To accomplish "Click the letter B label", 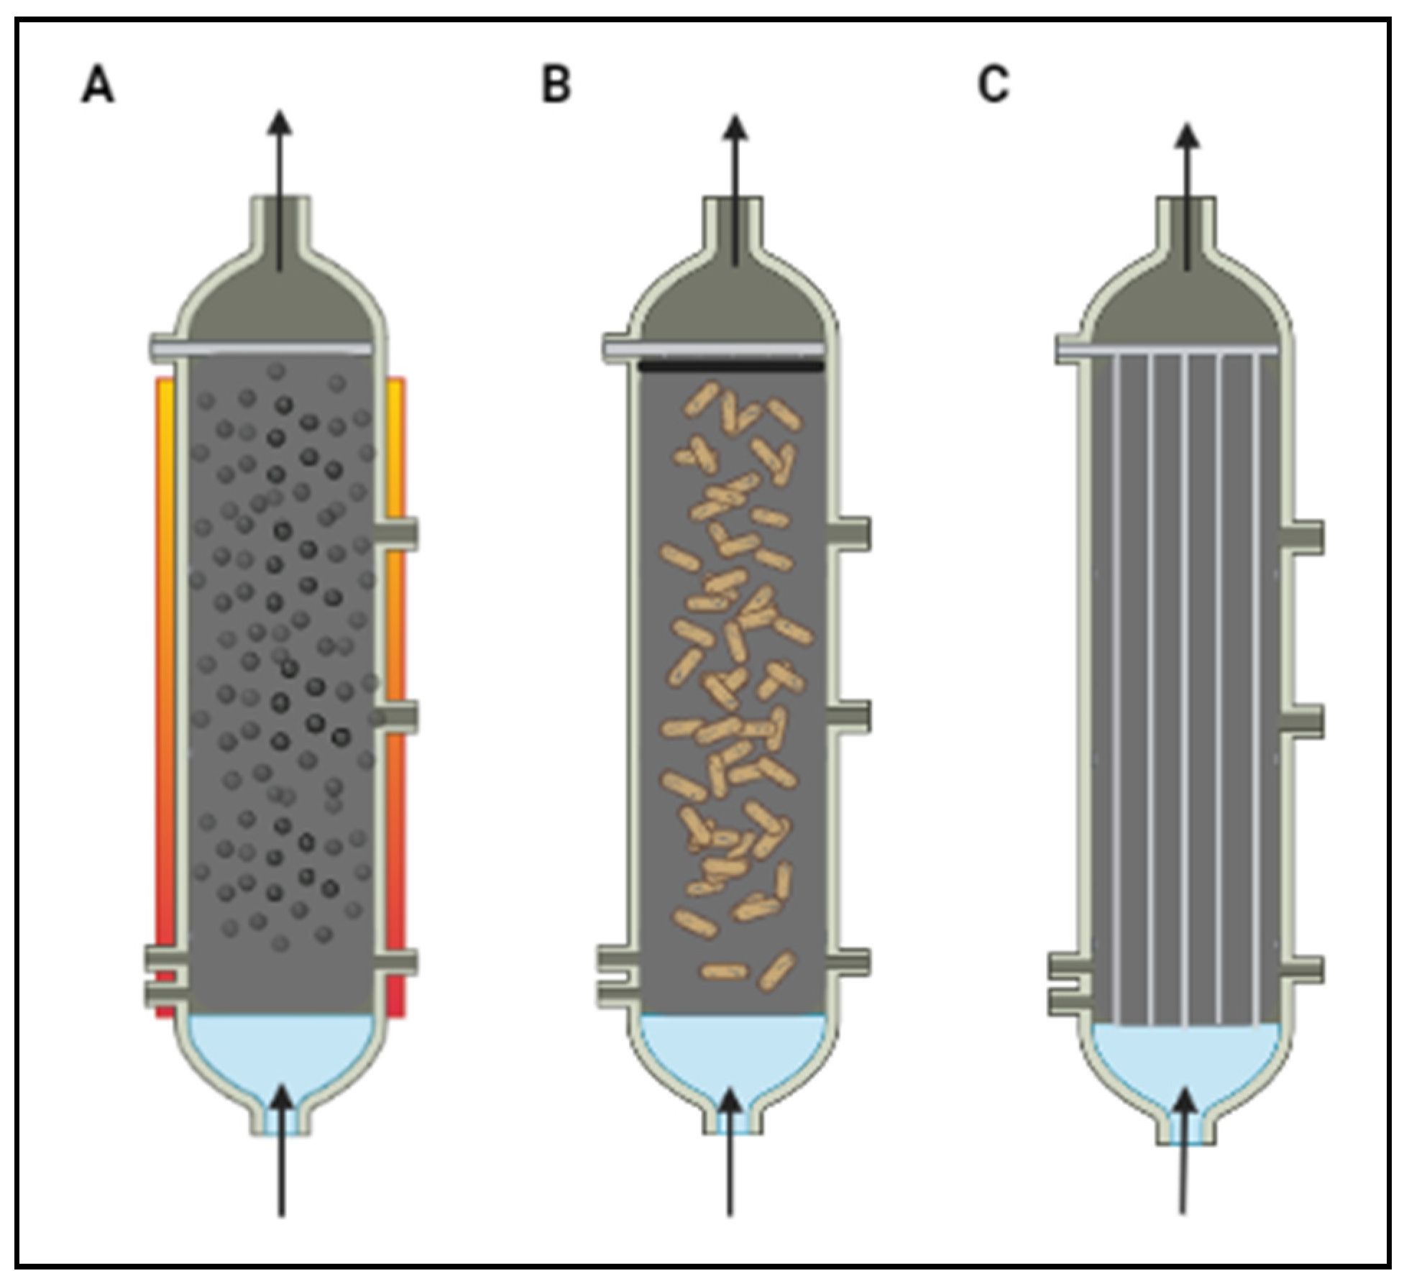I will click(x=556, y=85).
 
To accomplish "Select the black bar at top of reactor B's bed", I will click(x=731, y=366).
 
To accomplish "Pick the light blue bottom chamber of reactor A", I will click(x=280, y=1050).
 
